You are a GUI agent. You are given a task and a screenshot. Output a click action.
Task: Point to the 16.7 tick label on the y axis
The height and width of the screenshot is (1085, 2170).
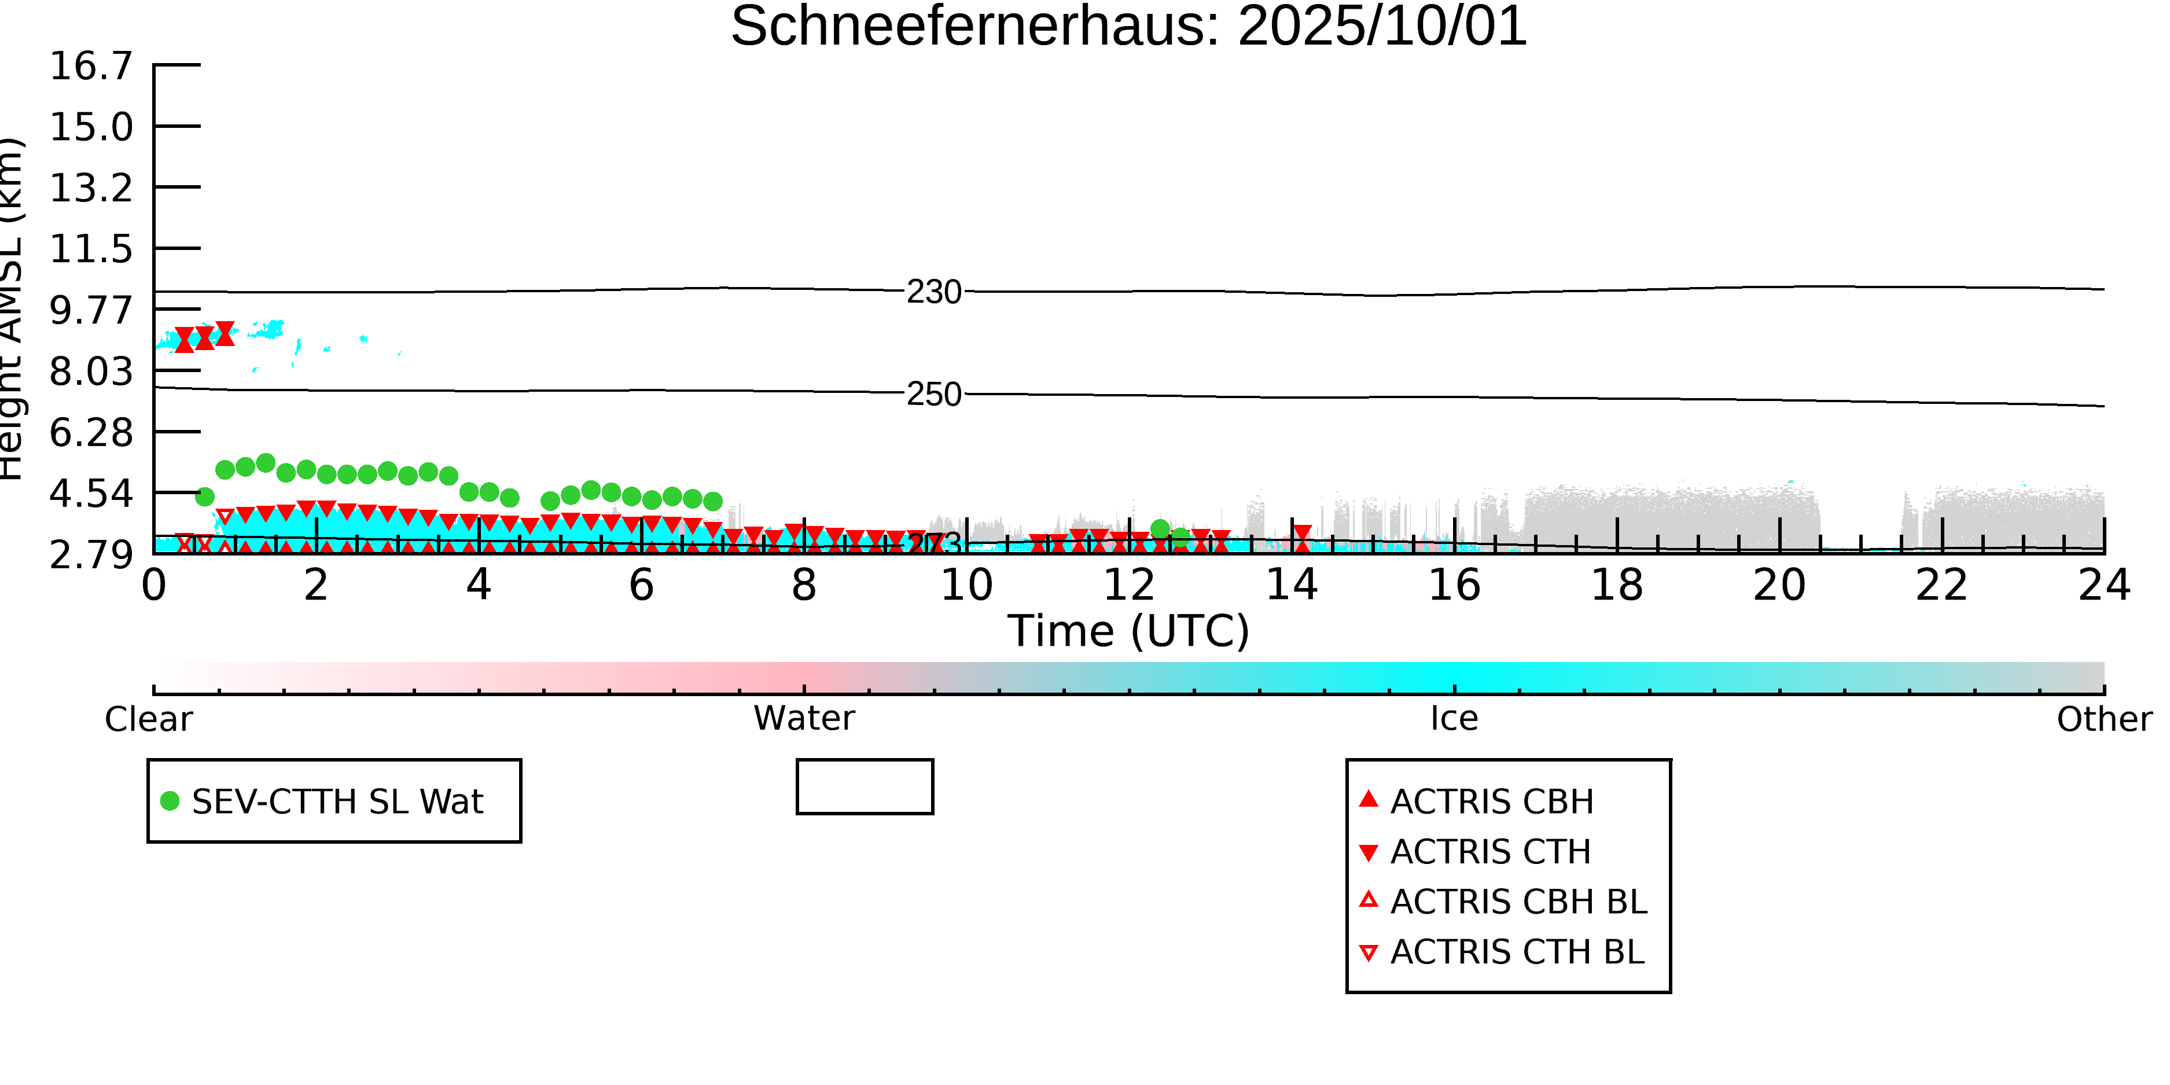(x=91, y=67)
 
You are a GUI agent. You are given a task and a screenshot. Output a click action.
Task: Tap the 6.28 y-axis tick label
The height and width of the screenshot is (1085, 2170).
(x=91, y=433)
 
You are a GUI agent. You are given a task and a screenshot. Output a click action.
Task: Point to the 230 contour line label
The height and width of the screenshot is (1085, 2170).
(x=933, y=292)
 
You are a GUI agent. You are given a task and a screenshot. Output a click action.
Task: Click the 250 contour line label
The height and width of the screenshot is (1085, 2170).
(x=933, y=394)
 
